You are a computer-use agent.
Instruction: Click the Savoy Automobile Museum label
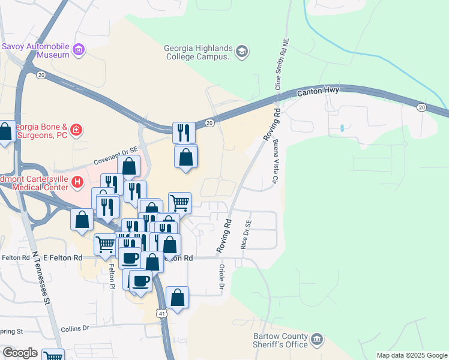click(36, 50)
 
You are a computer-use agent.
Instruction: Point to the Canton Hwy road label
click(319, 91)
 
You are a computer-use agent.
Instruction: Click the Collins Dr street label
click(74, 328)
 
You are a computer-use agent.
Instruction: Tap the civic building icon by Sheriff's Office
click(318, 340)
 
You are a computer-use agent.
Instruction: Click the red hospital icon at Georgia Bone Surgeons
click(76, 129)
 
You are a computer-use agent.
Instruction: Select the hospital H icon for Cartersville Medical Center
click(77, 181)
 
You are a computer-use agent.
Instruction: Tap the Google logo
click(20, 353)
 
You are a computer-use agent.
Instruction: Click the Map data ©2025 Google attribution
click(411, 355)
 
